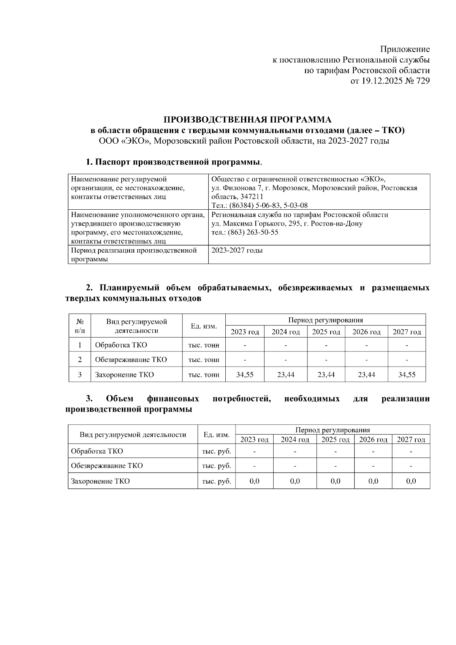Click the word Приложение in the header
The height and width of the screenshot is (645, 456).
point(405,49)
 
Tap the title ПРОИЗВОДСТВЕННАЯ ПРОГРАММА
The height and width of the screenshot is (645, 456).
point(247,120)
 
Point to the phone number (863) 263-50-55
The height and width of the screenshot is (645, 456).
point(253,232)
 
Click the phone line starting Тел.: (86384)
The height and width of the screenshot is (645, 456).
point(260,206)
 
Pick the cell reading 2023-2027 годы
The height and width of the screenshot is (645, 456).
point(237,250)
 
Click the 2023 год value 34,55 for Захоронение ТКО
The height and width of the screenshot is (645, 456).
point(245,375)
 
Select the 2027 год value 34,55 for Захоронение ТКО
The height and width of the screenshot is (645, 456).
point(407,375)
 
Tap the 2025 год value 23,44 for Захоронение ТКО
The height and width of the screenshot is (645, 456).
point(326,375)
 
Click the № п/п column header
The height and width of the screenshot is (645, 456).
point(80,326)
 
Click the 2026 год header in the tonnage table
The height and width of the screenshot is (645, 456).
point(366,332)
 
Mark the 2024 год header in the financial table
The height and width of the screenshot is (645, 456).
point(295,439)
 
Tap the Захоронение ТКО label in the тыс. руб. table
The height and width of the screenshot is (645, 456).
point(100,481)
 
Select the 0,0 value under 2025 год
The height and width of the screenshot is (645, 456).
point(335,481)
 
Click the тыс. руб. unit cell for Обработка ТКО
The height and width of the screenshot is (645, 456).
point(216,451)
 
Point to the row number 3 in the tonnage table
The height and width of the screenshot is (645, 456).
point(80,375)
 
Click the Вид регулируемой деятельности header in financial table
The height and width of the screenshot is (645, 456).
point(133,435)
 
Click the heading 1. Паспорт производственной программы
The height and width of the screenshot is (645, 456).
point(174,163)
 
